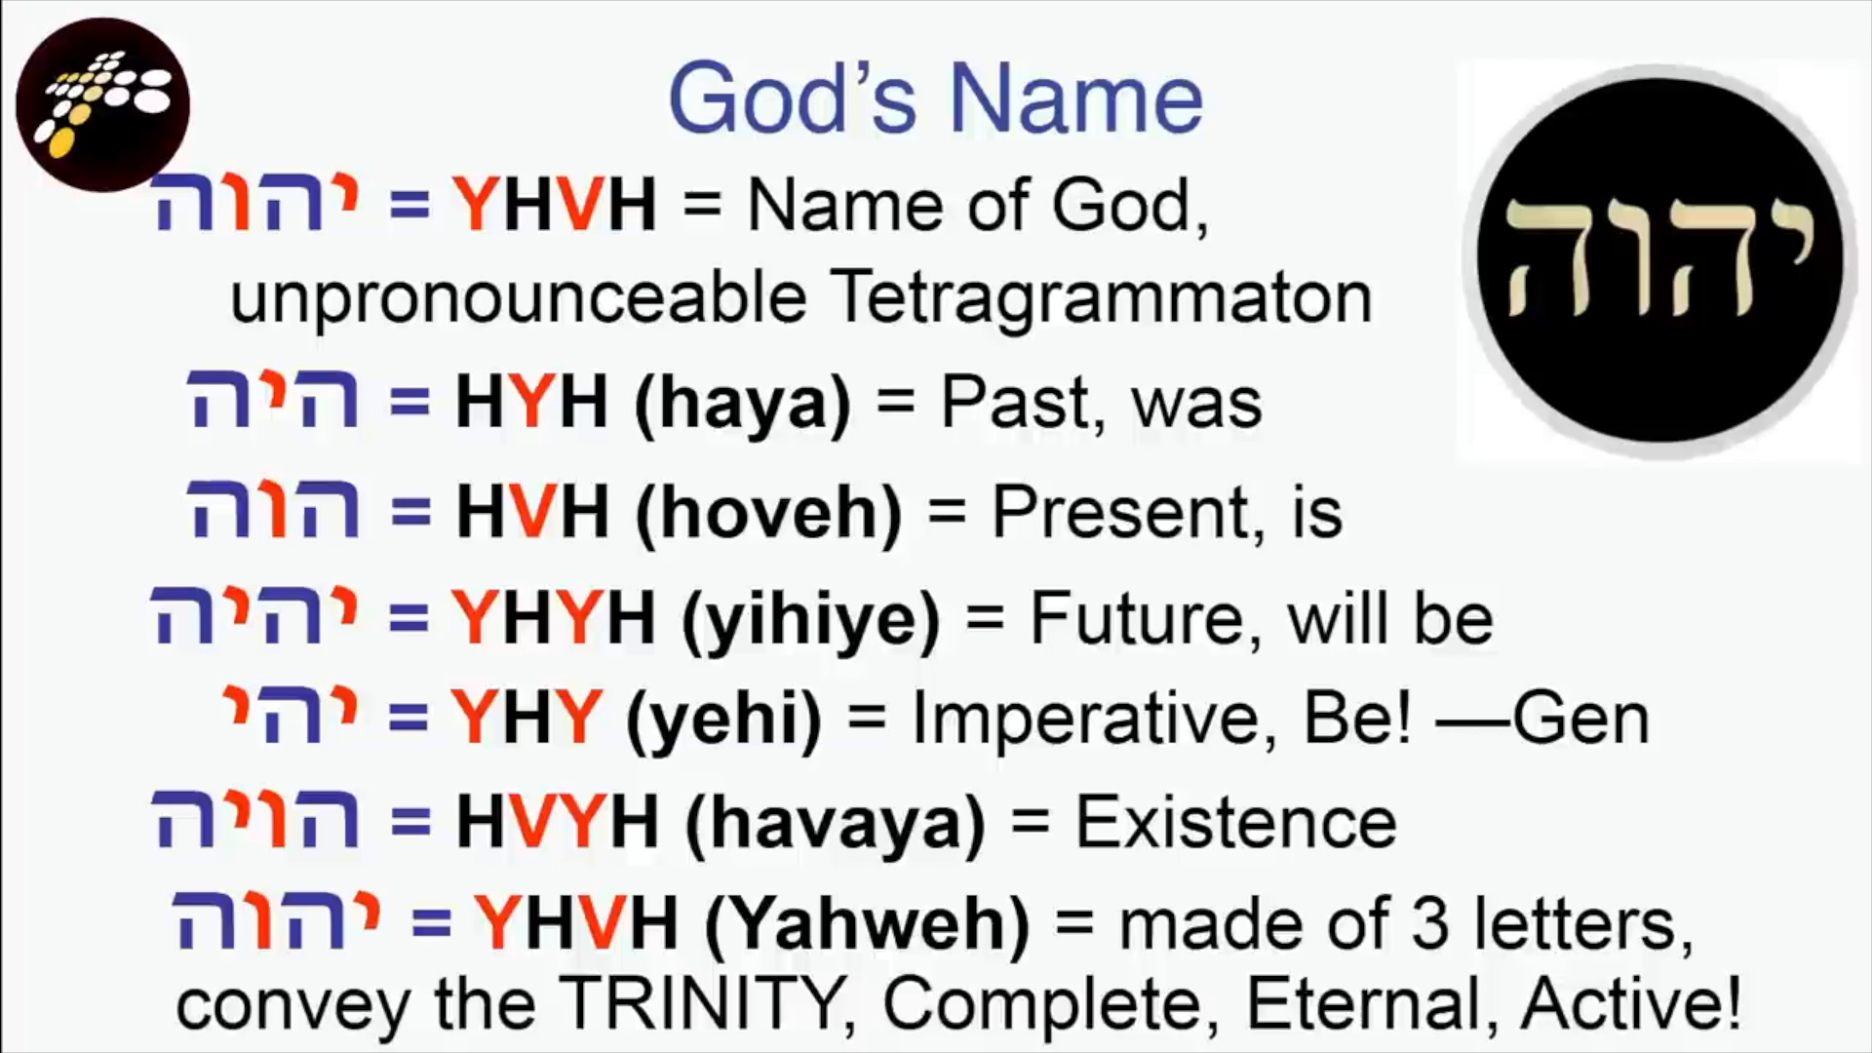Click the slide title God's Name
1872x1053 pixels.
tap(935, 98)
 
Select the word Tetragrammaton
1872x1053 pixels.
tap(1104, 296)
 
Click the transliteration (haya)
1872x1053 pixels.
tap(743, 404)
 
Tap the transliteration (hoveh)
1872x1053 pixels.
tap(768, 513)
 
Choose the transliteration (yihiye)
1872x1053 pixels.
tap(811, 620)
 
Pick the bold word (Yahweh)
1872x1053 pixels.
tap(867, 923)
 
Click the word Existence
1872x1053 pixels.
tap(1235, 823)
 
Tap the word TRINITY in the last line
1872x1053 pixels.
tap(700, 1003)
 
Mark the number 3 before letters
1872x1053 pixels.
tap(1430, 923)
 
